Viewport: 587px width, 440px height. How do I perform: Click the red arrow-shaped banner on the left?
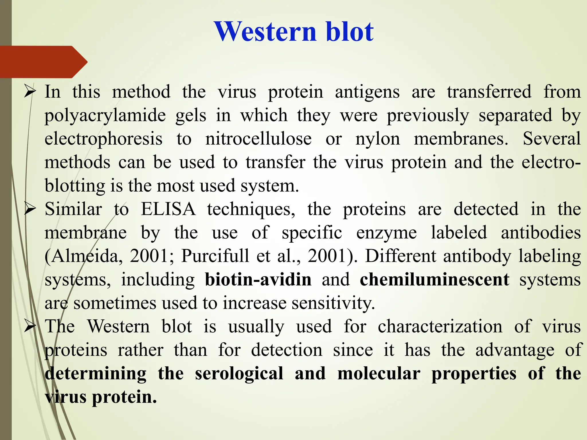pos(43,62)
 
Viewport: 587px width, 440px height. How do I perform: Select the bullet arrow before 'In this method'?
pos(30,92)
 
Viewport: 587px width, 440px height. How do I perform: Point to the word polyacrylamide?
pos(105,116)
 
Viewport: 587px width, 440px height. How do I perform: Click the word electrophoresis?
pos(103,139)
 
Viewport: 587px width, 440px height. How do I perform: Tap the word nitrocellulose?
pos(258,139)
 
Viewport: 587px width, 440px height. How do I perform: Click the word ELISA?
pos(168,209)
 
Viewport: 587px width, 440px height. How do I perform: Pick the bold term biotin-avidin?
pos(258,280)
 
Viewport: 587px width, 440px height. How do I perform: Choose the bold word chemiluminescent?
pos(435,280)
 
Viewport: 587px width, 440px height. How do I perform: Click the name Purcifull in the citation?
pos(215,256)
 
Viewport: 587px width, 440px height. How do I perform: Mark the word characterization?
pos(440,327)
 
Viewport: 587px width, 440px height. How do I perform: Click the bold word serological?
pos(239,374)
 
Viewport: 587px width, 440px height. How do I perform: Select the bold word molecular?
pos(379,374)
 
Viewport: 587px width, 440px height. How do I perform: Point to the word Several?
pos(552,139)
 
